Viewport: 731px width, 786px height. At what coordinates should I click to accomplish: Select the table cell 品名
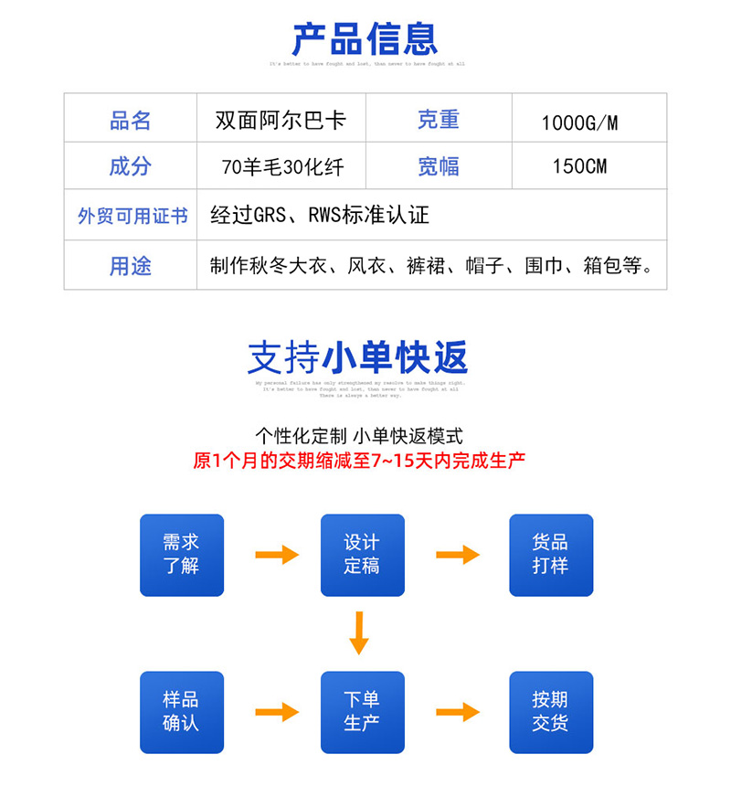tap(131, 120)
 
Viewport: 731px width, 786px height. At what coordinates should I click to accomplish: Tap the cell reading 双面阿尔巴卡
tap(281, 120)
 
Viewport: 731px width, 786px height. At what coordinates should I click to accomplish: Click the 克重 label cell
tap(439, 120)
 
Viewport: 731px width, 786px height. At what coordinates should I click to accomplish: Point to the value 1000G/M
tap(579, 122)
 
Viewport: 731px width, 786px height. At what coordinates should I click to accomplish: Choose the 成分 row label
tap(131, 166)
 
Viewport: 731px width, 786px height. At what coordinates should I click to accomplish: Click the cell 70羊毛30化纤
tap(281, 167)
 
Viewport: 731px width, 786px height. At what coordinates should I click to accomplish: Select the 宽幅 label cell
tap(439, 166)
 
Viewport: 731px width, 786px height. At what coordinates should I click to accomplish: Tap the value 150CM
tap(579, 166)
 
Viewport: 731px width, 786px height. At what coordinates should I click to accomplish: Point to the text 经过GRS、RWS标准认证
tap(320, 216)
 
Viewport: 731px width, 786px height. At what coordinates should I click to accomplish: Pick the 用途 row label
tap(131, 266)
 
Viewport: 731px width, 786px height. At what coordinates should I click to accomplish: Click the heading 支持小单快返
tap(358, 357)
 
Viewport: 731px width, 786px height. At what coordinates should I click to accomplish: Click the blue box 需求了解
tap(181, 555)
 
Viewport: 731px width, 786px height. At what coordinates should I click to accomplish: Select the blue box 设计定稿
tap(361, 555)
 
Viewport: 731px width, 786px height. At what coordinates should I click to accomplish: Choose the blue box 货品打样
tap(550, 555)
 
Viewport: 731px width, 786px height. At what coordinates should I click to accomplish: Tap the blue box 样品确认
tap(181, 711)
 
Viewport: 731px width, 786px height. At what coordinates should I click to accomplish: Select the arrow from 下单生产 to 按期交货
tap(458, 712)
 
